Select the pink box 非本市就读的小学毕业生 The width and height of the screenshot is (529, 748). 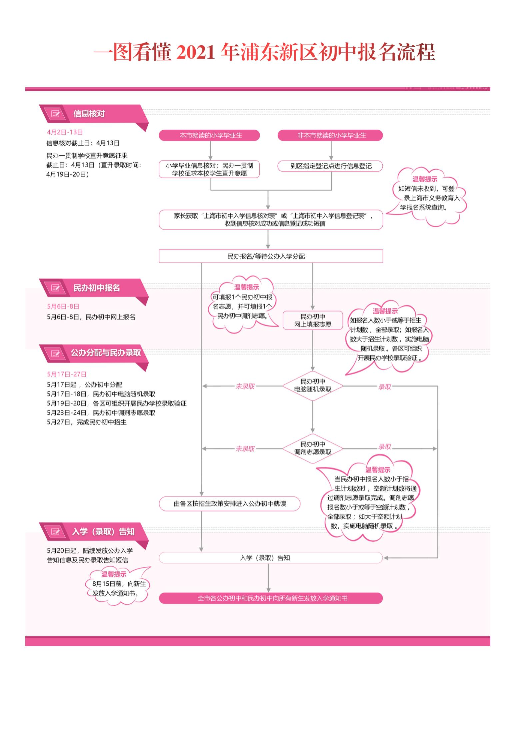(330, 135)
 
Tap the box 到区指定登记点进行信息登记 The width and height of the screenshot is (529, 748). (330, 166)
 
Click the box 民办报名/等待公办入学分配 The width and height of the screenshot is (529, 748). (271, 256)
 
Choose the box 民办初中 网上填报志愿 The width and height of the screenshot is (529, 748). (313, 321)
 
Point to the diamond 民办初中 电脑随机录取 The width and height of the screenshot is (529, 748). (313, 386)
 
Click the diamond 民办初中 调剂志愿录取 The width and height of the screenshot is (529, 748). (313, 448)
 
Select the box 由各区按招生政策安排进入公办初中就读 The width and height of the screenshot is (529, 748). (230, 504)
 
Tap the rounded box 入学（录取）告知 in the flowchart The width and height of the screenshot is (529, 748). (271, 558)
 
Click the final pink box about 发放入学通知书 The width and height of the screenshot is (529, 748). (271, 598)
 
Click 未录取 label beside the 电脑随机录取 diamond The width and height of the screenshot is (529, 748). (245, 386)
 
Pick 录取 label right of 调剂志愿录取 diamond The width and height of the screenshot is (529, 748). (384, 447)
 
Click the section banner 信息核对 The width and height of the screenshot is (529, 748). (93, 114)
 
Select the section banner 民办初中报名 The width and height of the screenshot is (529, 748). (93, 288)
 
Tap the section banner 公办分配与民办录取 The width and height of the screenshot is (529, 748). (93, 353)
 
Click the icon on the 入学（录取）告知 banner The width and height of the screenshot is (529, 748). (55, 531)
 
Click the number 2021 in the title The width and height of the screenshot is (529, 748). (195, 53)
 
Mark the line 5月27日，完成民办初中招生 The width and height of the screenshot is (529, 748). (87, 422)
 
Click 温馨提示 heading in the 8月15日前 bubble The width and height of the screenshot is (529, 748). (114, 574)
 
